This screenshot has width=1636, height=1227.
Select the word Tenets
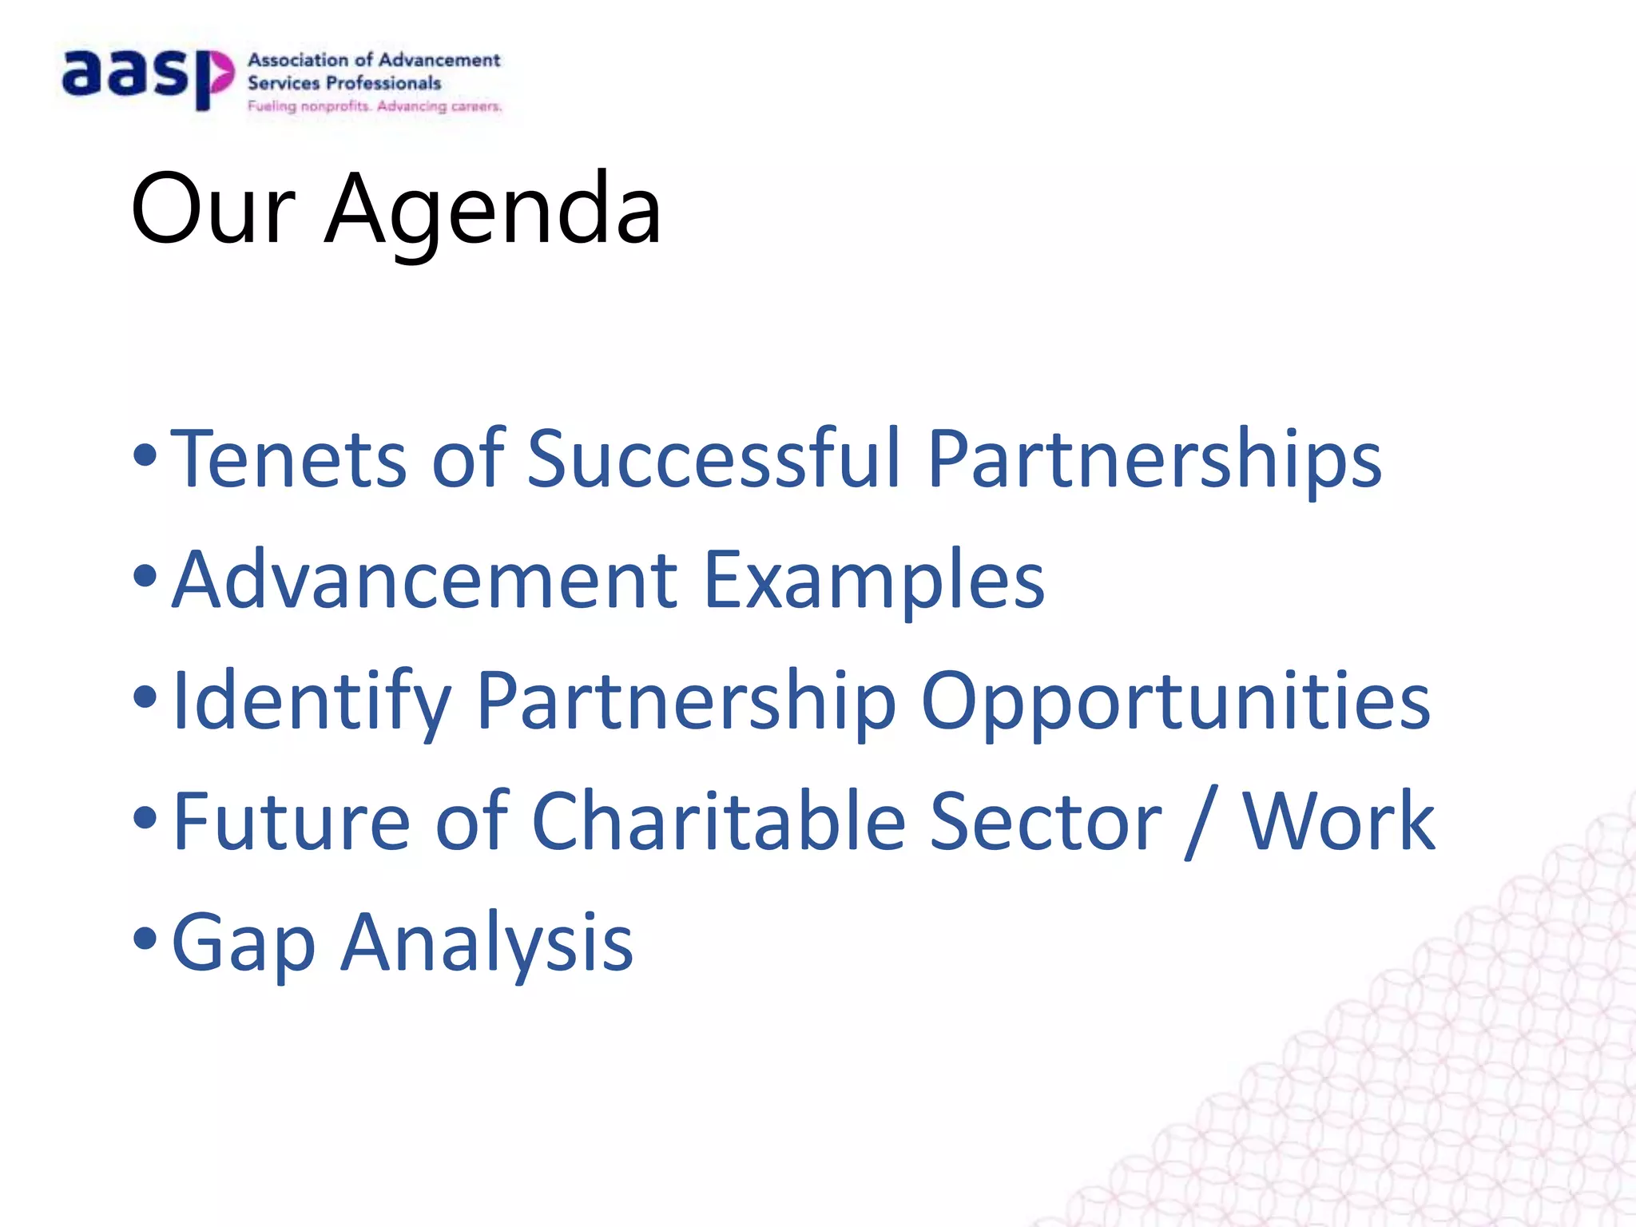click(x=288, y=459)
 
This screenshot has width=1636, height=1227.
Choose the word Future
click(x=292, y=822)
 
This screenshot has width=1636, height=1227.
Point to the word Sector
click(x=1046, y=822)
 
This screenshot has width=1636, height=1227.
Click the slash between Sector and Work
click(x=1202, y=823)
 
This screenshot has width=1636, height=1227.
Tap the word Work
click(x=1338, y=822)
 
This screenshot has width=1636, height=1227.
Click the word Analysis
click(x=488, y=944)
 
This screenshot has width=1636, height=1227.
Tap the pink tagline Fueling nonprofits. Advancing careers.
click(x=375, y=106)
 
